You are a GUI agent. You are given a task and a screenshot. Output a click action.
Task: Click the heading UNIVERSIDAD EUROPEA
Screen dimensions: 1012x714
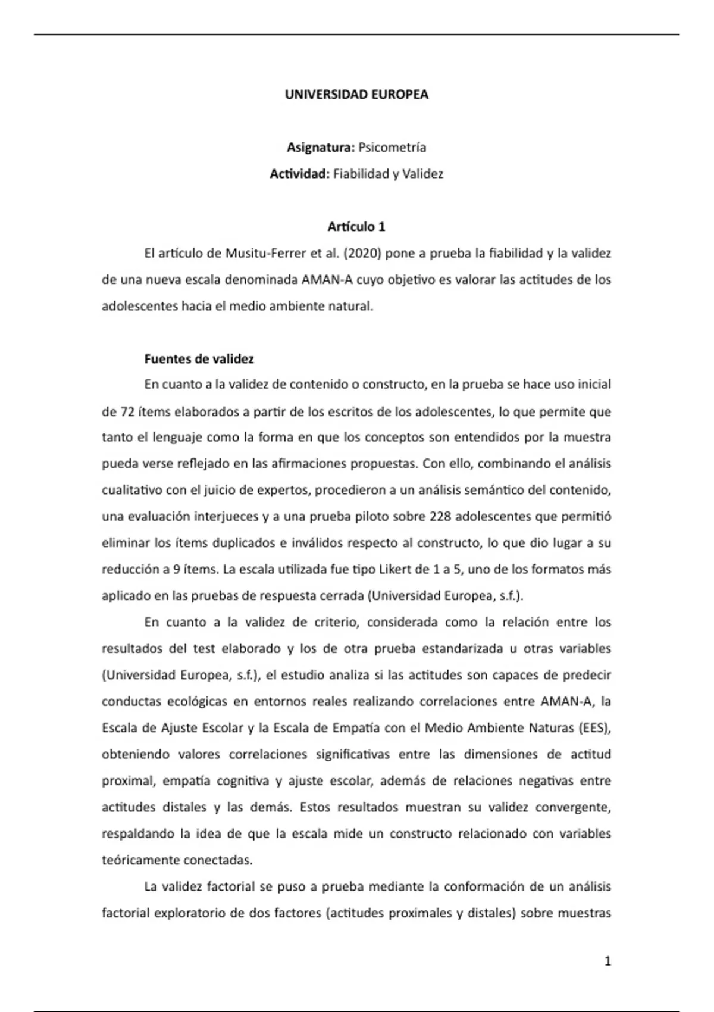[356, 95]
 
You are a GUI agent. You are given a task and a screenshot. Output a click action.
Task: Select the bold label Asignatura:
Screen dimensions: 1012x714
[321, 147]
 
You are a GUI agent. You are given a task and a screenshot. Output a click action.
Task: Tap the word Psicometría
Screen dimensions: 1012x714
[392, 147]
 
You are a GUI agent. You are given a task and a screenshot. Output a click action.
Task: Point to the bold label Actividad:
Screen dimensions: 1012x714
[299, 174]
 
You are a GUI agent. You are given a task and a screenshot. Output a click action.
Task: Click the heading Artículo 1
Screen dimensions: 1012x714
[356, 227]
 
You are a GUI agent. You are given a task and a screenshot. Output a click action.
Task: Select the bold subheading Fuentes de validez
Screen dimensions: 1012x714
[199, 359]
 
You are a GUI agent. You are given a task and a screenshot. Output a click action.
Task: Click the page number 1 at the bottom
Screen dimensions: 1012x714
[607, 961]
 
